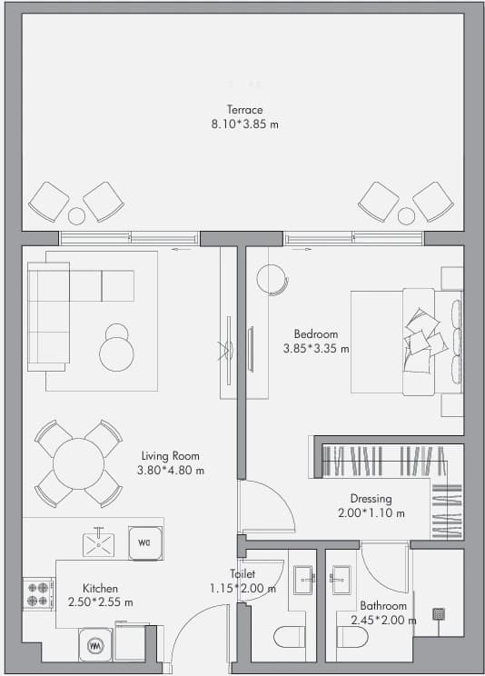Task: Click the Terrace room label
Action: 244,110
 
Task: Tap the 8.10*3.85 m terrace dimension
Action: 244,124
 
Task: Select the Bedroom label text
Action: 315,333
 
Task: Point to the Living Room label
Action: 170,456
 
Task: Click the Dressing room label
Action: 371,499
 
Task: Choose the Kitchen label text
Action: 100,588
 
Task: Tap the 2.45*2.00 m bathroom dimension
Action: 383,621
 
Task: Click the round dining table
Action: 78,463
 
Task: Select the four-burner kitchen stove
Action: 38,594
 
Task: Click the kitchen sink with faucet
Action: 99,543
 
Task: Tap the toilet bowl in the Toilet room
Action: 289,637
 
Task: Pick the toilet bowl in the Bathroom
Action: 352,637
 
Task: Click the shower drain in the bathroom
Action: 439,614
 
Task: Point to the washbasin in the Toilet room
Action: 304,581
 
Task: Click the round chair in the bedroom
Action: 272,279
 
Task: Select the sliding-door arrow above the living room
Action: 181,249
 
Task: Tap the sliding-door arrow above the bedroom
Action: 302,249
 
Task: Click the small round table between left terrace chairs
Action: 76,216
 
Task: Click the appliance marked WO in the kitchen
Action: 145,543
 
